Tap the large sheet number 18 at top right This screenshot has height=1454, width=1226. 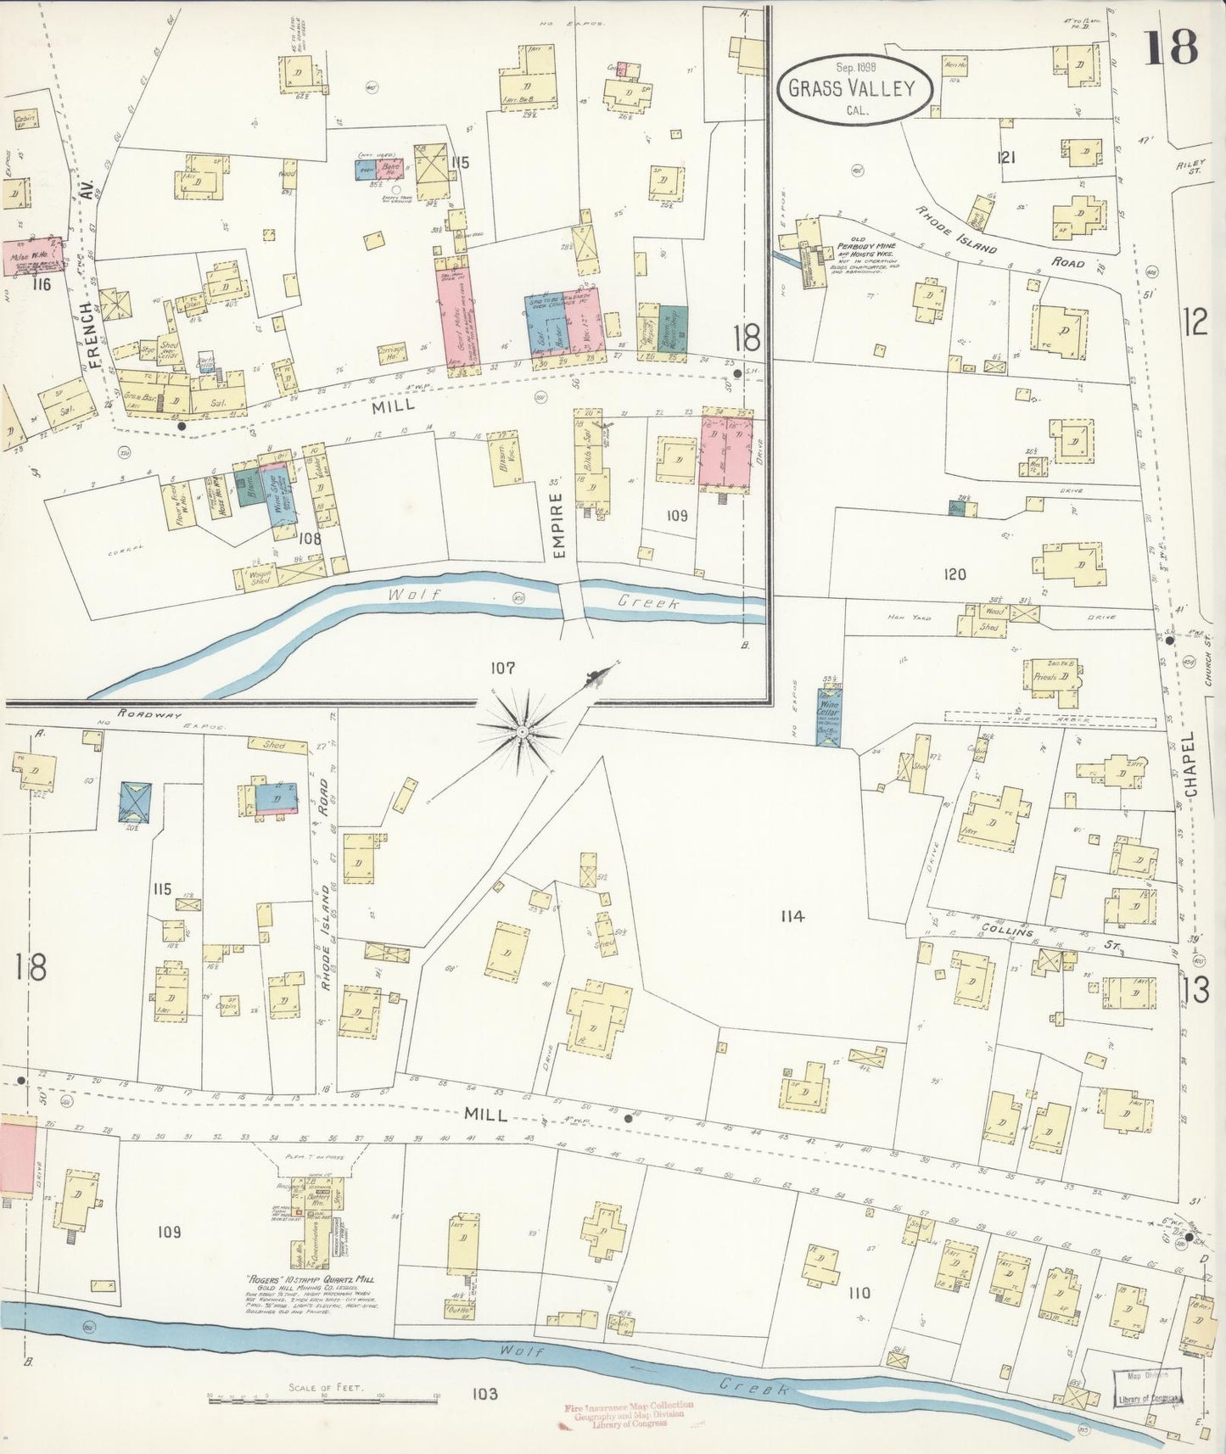[1172, 48]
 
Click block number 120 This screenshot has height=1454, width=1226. [954, 575]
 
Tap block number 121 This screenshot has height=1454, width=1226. [1007, 157]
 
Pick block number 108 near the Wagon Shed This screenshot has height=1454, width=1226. [311, 537]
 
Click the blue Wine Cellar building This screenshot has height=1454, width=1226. [829, 718]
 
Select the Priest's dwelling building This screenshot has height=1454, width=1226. [1052, 679]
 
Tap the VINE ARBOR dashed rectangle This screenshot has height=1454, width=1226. [1050, 719]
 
